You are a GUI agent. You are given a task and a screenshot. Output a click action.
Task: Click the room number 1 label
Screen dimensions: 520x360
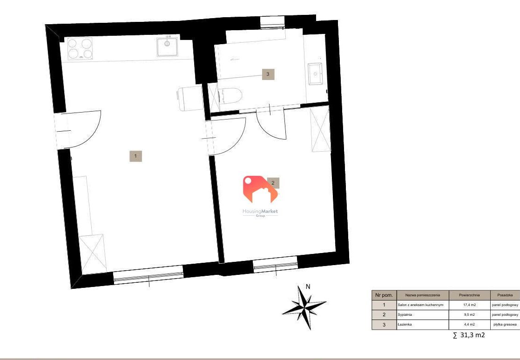pyautogui.click(x=135, y=156)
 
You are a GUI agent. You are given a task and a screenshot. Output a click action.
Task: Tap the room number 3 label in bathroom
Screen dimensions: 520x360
pyautogui.click(x=268, y=74)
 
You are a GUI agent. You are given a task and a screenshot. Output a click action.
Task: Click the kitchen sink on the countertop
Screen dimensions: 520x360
pyautogui.click(x=168, y=47)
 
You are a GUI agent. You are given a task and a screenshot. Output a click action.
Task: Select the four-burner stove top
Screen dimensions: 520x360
pyautogui.click(x=80, y=48)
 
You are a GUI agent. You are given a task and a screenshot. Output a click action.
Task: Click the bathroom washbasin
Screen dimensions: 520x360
pyautogui.click(x=316, y=74)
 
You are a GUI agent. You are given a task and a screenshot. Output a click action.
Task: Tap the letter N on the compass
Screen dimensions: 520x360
pyautogui.click(x=308, y=287)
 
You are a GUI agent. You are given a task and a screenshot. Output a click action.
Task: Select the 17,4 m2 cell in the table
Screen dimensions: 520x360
pyautogui.click(x=469, y=305)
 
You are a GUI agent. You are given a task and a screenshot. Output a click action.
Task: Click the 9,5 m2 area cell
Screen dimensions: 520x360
pyautogui.click(x=469, y=314)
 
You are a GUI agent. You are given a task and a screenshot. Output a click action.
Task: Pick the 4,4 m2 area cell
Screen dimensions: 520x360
pyautogui.click(x=469, y=325)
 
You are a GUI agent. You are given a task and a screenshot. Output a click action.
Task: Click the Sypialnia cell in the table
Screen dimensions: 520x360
pyautogui.click(x=423, y=314)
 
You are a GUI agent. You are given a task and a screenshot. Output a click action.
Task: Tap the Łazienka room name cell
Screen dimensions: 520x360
pyautogui.click(x=423, y=325)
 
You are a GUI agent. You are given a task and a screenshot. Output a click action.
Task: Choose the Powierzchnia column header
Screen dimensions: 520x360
pyautogui.click(x=469, y=295)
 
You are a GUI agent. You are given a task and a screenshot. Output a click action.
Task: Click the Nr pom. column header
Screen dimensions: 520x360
pyautogui.click(x=384, y=295)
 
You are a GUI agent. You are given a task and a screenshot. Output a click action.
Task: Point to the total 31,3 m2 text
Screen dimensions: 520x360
pyautogui.click(x=469, y=335)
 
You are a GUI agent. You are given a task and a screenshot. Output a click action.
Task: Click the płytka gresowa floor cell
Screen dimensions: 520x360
pyautogui.click(x=505, y=325)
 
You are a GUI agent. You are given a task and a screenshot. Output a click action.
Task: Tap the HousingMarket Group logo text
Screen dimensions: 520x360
pyautogui.click(x=260, y=213)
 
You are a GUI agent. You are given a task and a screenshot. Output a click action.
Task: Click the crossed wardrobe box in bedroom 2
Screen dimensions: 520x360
pyautogui.click(x=320, y=129)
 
